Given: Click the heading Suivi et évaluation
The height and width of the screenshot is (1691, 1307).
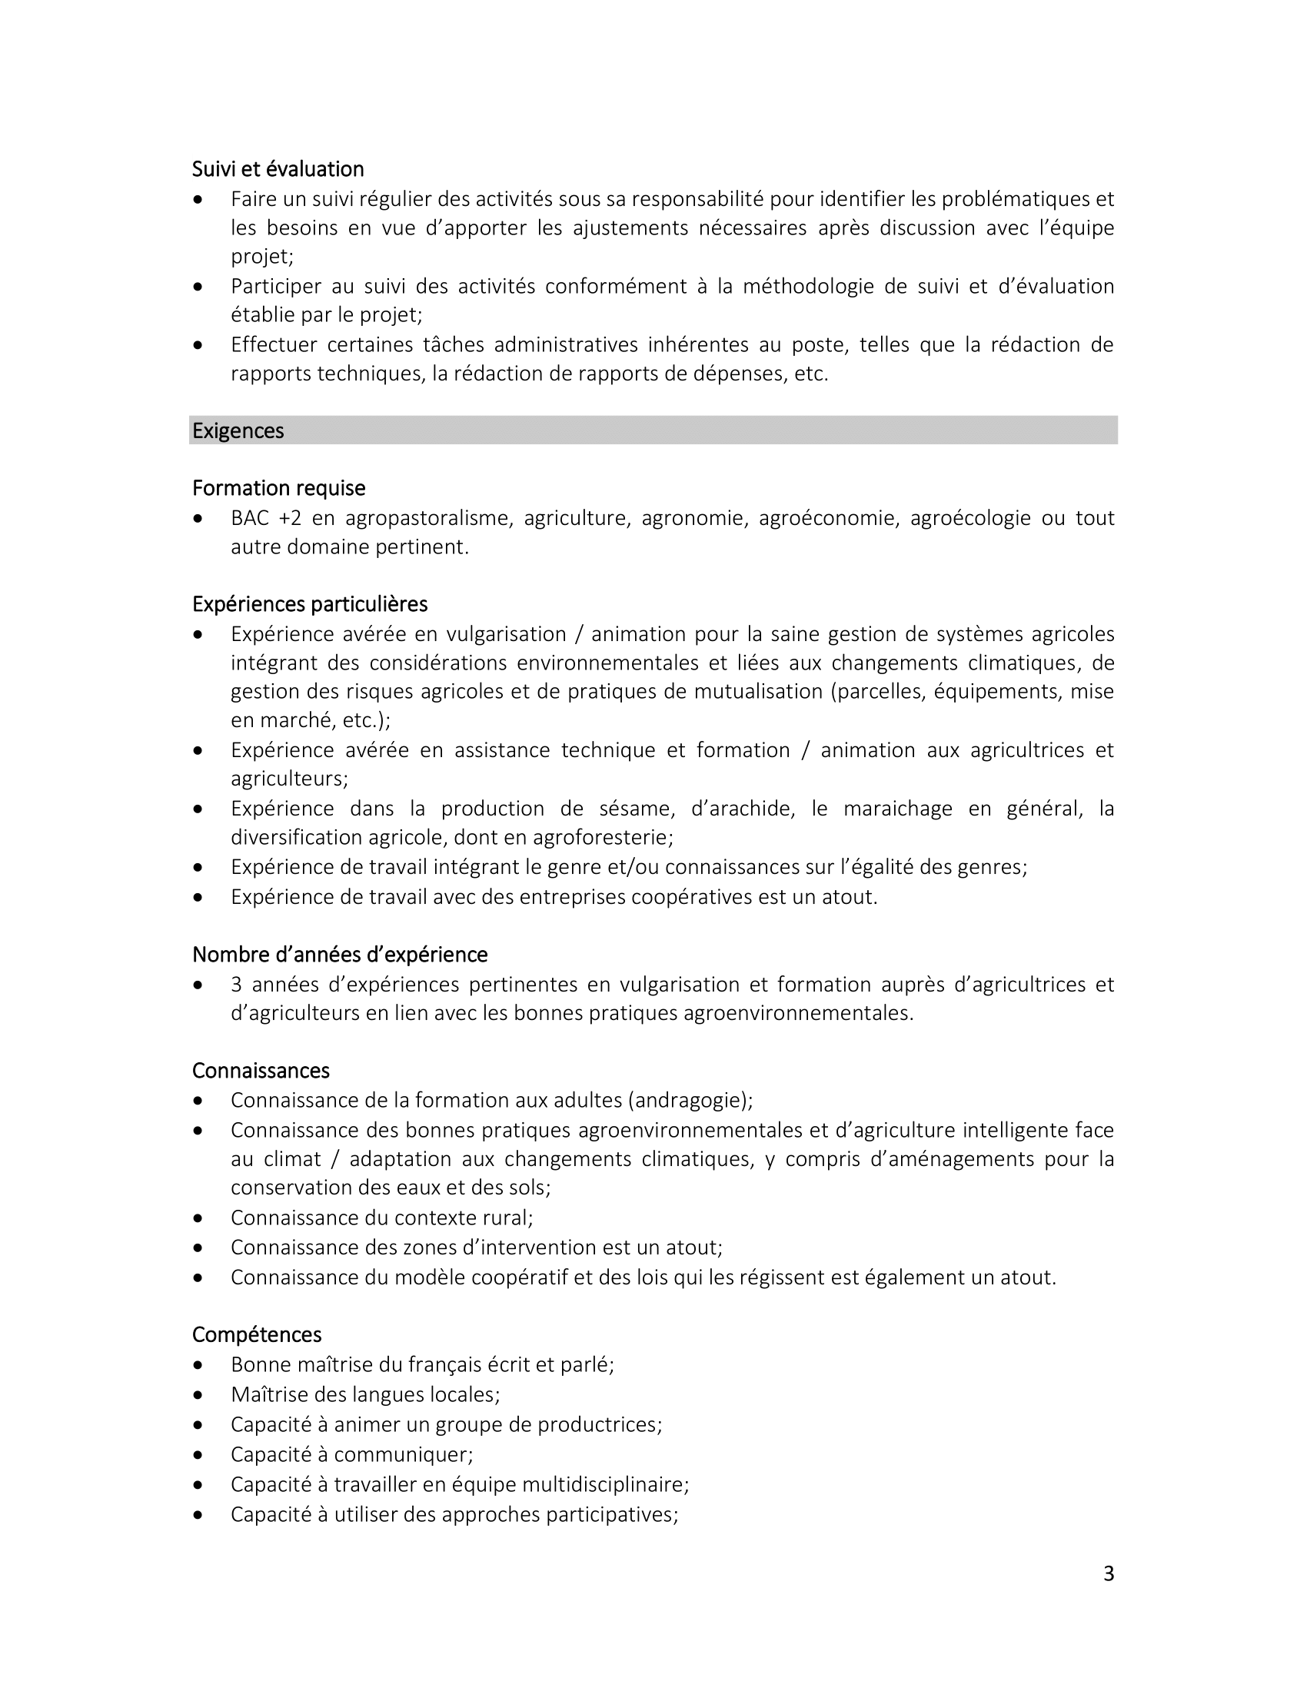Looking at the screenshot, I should click(278, 169).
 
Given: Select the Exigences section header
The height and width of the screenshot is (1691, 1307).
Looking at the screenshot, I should click(238, 430).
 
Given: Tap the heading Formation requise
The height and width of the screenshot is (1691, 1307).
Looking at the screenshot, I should click(279, 489).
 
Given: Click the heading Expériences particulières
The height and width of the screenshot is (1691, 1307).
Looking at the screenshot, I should click(310, 604).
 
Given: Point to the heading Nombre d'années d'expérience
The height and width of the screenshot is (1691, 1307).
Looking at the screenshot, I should click(340, 955).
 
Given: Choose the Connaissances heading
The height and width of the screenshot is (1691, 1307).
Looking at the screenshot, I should click(261, 1071).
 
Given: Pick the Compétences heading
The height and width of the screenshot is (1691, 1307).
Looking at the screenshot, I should click(257, 1335).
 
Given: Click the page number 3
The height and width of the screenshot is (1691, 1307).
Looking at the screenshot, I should click(1108, 1574).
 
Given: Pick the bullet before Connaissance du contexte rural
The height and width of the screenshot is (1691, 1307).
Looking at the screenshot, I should click(199, 1219).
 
